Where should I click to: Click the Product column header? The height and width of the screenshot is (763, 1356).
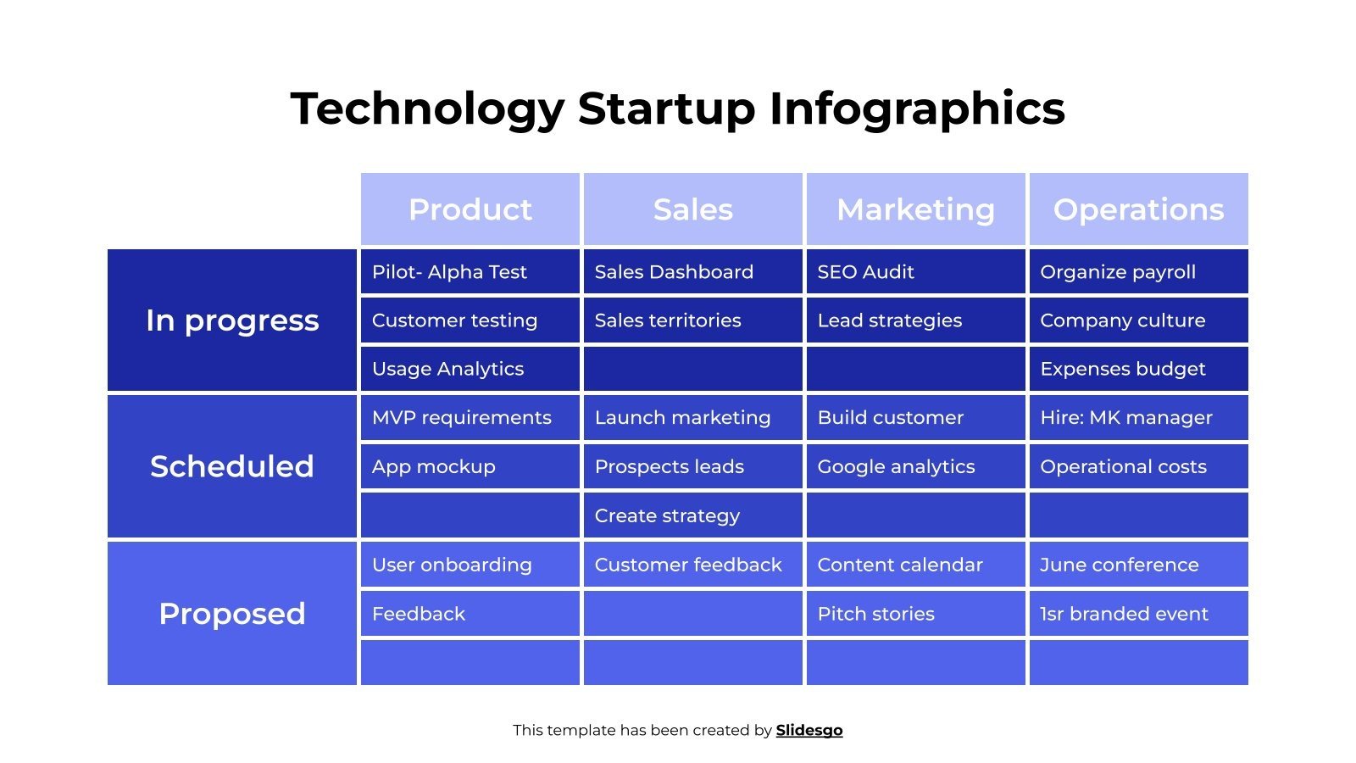(470, 209)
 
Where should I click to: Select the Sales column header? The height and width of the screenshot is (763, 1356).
(692, 209)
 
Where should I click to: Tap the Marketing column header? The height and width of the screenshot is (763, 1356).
(915, 209)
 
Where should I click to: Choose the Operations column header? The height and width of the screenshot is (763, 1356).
(1138, 209)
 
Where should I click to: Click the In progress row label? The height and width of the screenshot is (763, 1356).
(232, 320)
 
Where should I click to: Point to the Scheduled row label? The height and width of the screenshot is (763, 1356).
(232, 466)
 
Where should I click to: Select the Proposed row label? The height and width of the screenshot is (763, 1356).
(232, 613)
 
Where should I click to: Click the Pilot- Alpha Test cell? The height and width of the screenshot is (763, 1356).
(470, 272)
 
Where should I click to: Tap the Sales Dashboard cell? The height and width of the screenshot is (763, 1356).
(692, 272)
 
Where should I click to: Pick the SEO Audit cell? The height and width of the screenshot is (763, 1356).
(915, 272)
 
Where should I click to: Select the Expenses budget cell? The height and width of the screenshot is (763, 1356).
(1138, 369)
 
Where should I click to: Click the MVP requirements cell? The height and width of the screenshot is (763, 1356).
(470, 418)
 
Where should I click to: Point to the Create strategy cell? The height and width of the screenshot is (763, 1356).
(692, 515)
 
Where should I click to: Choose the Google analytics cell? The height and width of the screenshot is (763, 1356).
(915, 466)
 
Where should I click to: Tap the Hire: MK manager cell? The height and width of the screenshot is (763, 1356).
(1138, 418)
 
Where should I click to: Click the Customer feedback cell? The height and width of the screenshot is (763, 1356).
(692, 565)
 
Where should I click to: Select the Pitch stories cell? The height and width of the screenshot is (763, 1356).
(915, 614)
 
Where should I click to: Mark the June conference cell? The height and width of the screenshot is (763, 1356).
(1138, 565)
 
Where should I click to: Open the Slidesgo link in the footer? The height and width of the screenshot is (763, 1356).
(809, 730)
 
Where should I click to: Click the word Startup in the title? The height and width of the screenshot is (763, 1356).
(666, 109)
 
